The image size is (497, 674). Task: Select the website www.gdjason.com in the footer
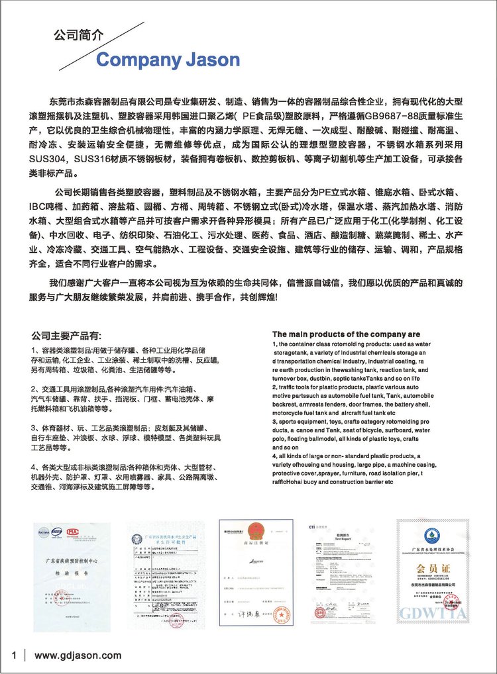tap(78, 655)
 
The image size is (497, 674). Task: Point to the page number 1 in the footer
tap(13, 655)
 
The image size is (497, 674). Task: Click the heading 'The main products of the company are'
tap(346, 334)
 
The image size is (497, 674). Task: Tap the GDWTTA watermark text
tap(433, 612)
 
